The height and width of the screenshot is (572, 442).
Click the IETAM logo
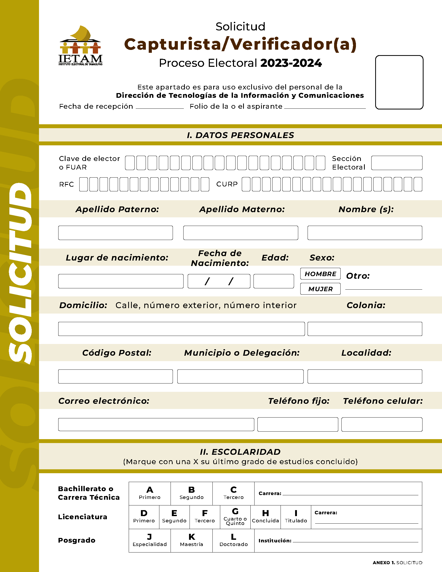80,45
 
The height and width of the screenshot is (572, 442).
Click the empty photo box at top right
399,82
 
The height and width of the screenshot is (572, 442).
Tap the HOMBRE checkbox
320,274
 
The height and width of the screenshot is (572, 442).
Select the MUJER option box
320,289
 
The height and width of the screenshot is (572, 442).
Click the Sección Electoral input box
396,163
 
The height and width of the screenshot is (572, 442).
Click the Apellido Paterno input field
115,233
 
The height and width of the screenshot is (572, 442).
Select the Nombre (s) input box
365,233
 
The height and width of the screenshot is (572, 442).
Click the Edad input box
273,281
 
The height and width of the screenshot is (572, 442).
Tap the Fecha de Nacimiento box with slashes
219,281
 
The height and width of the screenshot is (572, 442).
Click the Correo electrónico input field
156,425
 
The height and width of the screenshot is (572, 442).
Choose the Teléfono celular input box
381,425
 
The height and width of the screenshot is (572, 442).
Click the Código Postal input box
115,377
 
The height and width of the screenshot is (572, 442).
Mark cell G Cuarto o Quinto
235,517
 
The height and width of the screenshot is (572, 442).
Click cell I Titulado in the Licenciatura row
296,517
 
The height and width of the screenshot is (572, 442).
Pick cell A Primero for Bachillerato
149,494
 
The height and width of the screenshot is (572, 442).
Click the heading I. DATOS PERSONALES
240,135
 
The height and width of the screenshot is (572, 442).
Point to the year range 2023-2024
291,63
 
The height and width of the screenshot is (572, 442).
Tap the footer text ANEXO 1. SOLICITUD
397,563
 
